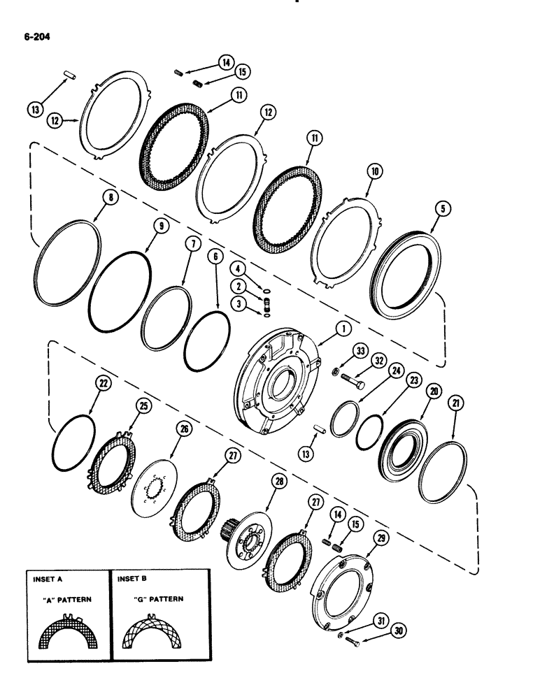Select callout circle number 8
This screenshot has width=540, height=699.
pyautogui.click(x=111, y=198)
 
